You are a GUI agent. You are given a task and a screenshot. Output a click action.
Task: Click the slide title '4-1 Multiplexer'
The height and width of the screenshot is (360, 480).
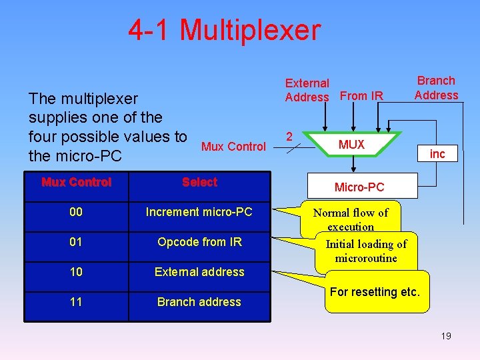(224, 30)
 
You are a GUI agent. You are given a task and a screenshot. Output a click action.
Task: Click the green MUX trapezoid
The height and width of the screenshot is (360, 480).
(351, 145)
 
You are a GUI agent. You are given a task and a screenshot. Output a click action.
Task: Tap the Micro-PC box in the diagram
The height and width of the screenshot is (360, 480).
(359, 187)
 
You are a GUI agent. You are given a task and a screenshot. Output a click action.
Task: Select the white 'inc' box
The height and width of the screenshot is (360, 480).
(437, 154)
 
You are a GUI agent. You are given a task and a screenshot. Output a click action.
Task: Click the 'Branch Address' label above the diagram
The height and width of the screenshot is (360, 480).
(436, 87)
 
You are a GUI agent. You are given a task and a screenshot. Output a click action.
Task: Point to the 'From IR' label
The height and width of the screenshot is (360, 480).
(361, 96)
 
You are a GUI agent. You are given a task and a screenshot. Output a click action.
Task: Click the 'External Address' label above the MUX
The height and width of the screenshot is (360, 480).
(307, 90)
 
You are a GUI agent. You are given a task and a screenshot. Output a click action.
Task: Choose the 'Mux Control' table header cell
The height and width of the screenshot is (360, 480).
(76, 182)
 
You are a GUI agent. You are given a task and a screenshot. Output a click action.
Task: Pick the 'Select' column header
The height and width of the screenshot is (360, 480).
(199, 182)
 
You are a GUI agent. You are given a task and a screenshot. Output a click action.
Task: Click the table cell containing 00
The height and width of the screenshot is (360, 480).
(76, 212)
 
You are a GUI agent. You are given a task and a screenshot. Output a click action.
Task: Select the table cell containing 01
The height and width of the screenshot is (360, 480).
(76, 242)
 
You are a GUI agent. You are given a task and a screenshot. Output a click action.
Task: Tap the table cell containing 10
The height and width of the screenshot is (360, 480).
(76, 272)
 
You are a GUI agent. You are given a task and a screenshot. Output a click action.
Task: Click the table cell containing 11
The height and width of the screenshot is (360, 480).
(76, 302)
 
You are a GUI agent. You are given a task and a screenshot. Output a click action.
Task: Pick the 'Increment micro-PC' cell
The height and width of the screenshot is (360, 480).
(199, 212)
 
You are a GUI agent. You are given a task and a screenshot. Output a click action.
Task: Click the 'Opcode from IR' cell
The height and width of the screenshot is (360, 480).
(199, 242)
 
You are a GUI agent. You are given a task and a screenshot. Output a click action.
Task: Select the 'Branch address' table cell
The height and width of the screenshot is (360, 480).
(199, 302)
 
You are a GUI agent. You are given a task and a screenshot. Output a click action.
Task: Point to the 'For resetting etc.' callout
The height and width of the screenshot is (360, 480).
(375, 292)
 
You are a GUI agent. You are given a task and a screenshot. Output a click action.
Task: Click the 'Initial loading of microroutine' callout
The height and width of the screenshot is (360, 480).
(366, 251)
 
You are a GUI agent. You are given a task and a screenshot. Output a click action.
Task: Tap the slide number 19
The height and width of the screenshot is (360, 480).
(446, 336)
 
